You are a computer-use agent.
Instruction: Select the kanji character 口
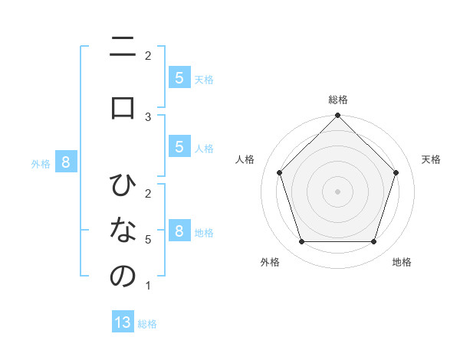point(123,107)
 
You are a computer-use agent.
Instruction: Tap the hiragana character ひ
point(123,186)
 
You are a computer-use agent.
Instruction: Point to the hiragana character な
point(123,231)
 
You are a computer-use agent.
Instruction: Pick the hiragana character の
point(123,277)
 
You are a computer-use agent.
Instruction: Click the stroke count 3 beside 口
point(148,116)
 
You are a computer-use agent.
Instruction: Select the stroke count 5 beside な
point(148,240)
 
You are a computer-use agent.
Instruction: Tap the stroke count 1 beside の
point(148,286)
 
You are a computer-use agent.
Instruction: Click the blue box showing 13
point(123,322)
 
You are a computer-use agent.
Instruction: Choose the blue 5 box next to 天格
point(179,77)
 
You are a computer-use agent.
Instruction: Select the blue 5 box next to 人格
point(179,147)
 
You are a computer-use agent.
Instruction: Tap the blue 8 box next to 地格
point(179,231)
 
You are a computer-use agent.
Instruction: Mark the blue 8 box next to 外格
point(66,162)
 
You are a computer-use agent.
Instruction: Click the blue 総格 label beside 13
point(147,324)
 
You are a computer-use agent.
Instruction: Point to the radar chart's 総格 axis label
point(337,100)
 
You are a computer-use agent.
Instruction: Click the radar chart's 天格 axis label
point(431,159)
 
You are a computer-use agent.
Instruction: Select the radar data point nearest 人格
point(279,172)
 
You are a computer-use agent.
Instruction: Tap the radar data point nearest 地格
point(373,241)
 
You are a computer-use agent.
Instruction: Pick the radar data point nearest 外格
point(301,241)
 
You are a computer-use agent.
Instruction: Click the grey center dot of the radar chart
point(337,191)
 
